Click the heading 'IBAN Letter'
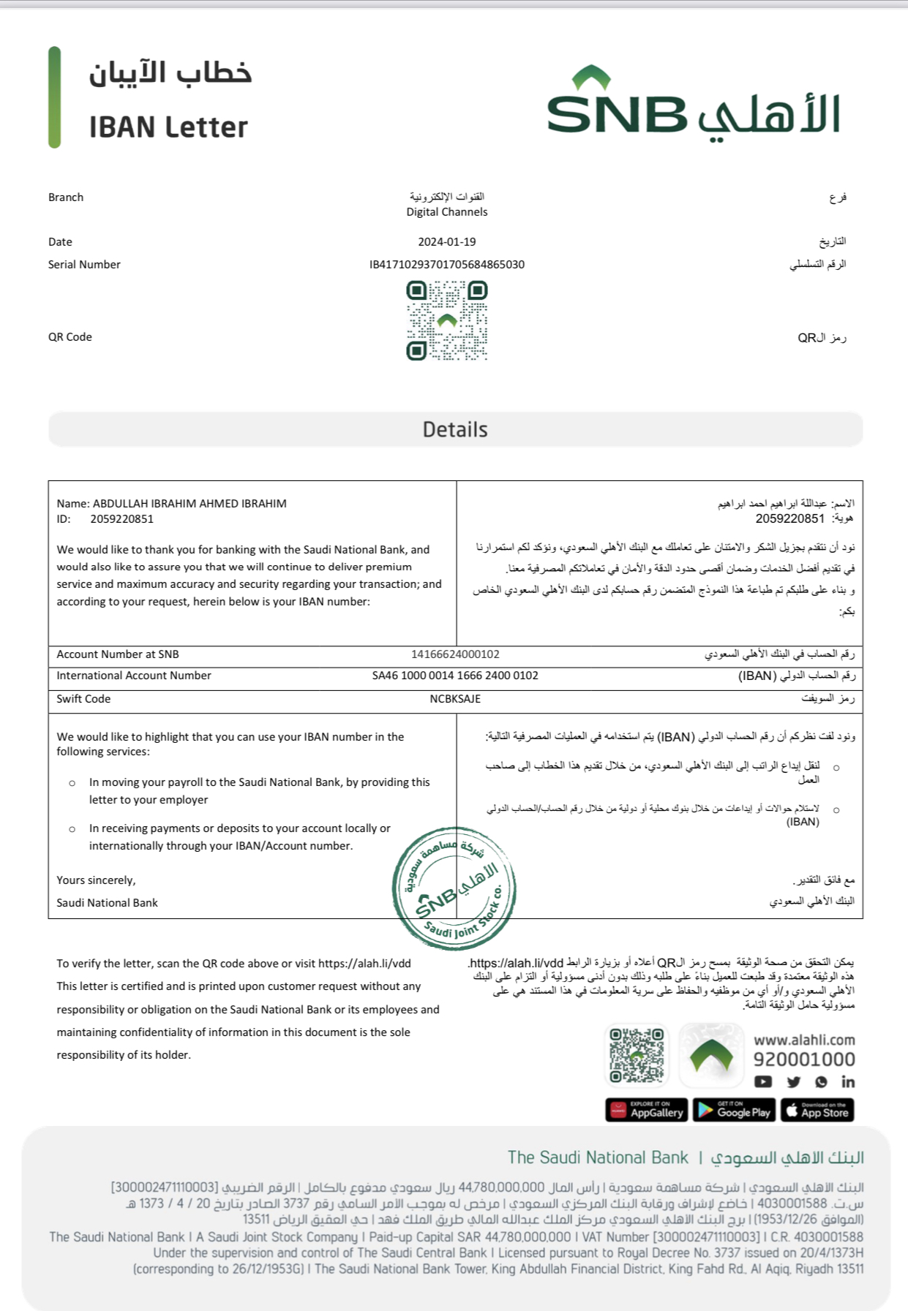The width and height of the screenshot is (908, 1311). coord(168,127)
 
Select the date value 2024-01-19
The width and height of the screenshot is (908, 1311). coord(447,242)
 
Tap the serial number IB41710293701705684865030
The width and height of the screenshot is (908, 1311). coord(447,265)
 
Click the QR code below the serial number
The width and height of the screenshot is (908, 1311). coord(447,322)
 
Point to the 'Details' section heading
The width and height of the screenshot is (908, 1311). coord(455,430)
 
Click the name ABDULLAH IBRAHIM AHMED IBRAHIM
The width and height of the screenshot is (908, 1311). coord(190,504)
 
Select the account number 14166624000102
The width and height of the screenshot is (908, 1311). coord(455,654)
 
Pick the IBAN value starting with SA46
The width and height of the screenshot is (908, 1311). coord(455,676)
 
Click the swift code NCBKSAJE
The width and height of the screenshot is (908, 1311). coord(455,699)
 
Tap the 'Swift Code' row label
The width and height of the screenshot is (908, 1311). coord(83,699)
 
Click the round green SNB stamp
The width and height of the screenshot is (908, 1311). coord(454,888)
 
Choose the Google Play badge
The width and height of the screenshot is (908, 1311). coord(734,1110)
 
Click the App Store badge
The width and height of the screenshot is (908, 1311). coord(817,1110)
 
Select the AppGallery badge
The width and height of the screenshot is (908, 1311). coord(647,1110)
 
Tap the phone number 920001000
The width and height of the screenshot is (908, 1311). coord(804,1059)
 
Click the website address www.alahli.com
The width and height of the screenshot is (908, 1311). coord(804,1040)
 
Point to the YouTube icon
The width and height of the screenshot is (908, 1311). coord(763,1081)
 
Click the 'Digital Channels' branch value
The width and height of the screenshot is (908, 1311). coord(447,212)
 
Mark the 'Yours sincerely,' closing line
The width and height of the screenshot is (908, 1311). coord(96,880)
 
